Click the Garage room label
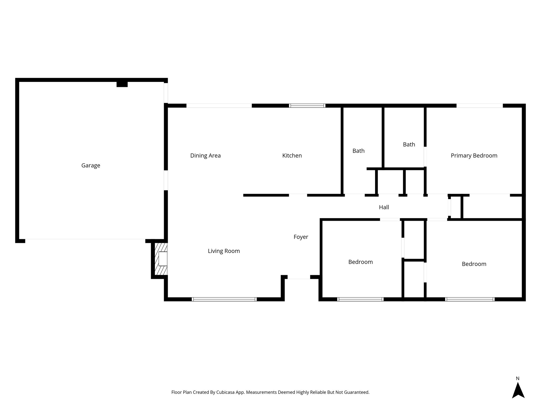[x=91, y=165]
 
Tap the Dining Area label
[x=205, y=156]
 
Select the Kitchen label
[x=292, y=156]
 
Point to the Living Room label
[x=224, y=251]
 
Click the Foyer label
[x=301, y=237]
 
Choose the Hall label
[x=384, y=207]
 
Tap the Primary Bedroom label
[x=474, y=156]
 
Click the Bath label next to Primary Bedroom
[x=409, y=145]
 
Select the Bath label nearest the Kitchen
[x=358, y=151]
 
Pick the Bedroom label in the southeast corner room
[x=474, y=264]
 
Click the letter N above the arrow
[x=518, y=379]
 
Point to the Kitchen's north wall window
[x=307, y=105]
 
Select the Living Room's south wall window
[x=224, y=299]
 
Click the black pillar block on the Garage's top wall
[x=122, y=84]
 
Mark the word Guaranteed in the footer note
[x=356, y=392]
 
